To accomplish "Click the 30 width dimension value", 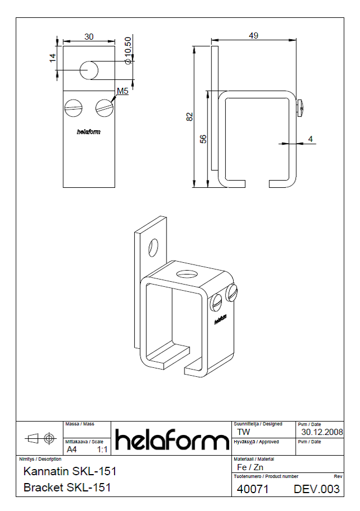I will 89,37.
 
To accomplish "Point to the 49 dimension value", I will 253,35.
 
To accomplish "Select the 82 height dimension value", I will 190,116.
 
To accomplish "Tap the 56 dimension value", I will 203,139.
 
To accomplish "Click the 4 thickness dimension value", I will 311,139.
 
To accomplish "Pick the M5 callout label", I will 123,91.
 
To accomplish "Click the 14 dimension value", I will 53,58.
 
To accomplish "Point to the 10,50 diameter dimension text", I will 128,51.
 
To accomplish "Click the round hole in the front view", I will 89,70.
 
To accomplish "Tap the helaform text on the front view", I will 89,133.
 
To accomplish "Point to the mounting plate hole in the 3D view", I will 153,248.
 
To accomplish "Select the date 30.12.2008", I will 322,432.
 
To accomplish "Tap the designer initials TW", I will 244,432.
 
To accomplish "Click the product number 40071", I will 253,489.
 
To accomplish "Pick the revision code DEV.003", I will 317,489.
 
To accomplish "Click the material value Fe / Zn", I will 250,467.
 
